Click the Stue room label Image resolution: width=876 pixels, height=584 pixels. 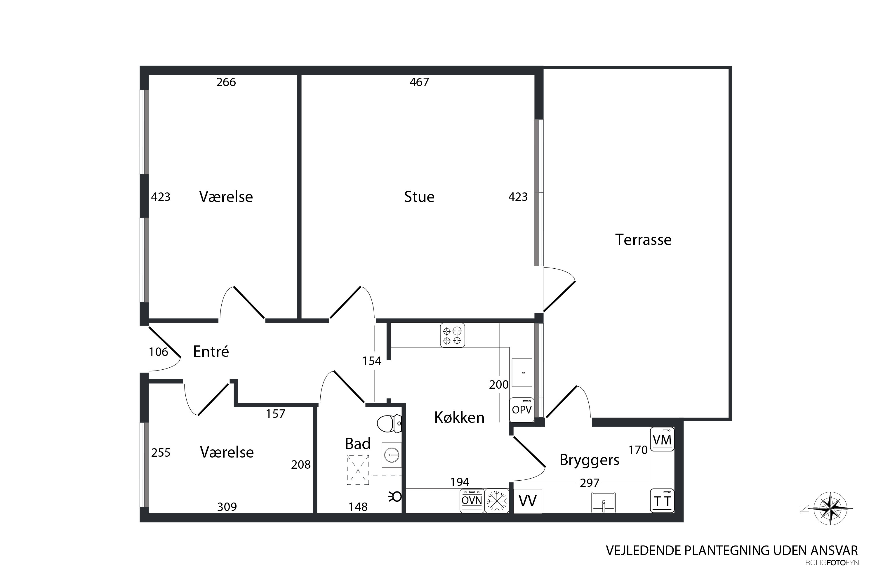pyautogui.click(x=419, y=197)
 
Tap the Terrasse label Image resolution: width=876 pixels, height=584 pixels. pyautogui.click(x=643, y=239)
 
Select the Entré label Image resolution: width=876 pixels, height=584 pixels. pyautogui.click(x=211, y=351)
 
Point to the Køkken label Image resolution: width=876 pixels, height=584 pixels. pyautogui.click(x=459, y=418)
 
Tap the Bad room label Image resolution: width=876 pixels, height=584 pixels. pyautogui.click(x=357, y=444)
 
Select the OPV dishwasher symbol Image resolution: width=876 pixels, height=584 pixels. pyautogui.click(x=522, y=410)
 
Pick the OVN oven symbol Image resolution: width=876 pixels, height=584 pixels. pyautogui.click(x=472, y=500)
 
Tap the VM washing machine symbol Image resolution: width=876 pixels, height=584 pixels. pyautogui.click(x=662, y=439)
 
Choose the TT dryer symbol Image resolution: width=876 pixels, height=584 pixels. pyautogui.click(x=662, y=500)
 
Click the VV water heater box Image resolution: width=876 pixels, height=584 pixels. pyautogui.click(x=528, y=501)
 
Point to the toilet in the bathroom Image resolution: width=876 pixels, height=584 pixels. pyautogui.click(x=390, y=423)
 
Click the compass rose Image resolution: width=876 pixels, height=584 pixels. pyautogui.click(x=830, y=509)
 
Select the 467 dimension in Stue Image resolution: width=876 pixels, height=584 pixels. pyautogui.click(x=419, y=82)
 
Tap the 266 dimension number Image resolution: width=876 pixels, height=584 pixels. pyautogui.click(x=226, y=82)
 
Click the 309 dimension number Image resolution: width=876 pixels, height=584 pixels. pyautogui.click(x=227, y=507)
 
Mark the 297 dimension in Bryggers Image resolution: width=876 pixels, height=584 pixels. pyautogui.click(x=590, y=483)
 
